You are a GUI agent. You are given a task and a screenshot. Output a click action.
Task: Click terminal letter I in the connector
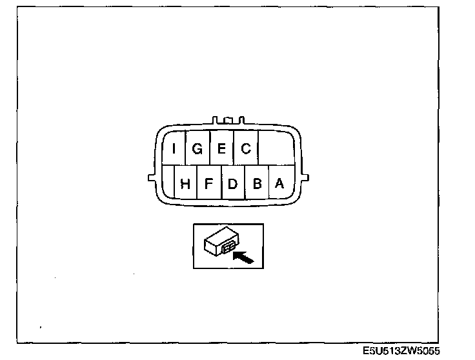(x=174, y=149)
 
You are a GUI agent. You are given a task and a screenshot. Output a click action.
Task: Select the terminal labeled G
(x=197, y=149)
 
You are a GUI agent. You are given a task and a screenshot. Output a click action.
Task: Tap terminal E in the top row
(x=221, y=149)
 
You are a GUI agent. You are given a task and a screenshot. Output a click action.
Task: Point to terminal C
(x=245, y=149)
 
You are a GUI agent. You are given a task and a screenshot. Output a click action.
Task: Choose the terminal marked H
(x=185, y=183)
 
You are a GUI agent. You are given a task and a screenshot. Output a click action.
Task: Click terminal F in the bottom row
(x=208, y=183)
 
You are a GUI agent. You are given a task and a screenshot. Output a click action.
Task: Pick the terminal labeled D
(x=232, y=183)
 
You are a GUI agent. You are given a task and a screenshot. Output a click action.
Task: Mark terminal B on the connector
(x=256, y=183)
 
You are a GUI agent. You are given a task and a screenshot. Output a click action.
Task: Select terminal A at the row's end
(x=279, y=183)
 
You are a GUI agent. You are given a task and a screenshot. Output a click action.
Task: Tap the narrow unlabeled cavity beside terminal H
(x=168, y=183)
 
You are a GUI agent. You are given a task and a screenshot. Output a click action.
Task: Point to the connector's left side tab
(x=151, y=176)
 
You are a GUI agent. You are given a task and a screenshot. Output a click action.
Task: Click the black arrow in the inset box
(x=243, y=258)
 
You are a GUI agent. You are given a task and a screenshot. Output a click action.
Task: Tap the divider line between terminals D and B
(x=245, y=183)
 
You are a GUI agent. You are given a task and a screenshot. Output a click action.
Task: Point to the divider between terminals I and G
(x=186, y=149)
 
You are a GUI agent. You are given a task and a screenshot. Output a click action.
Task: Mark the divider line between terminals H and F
(x=197, y=183)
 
